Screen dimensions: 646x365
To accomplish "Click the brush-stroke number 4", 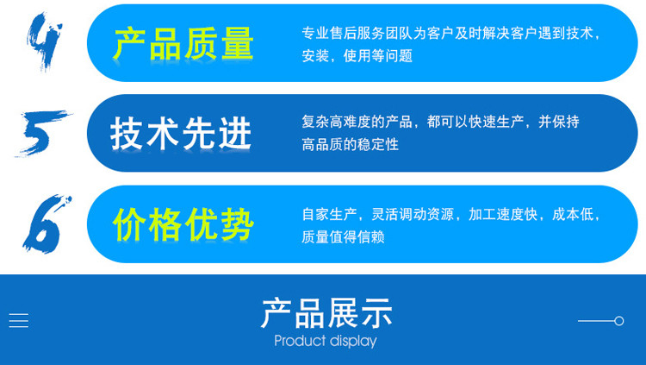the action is click(44, 41).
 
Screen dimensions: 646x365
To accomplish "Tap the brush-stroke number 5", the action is click(43, 133).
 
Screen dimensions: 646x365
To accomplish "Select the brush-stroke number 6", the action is click(47, 223).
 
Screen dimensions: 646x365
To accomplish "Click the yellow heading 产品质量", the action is click(183, 44).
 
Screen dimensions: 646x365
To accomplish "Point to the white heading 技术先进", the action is click(181, 133).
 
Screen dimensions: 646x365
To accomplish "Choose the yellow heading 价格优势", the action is click(183, 224).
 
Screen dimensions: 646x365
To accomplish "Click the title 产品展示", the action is click(326, 313).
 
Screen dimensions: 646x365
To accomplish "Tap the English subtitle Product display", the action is click(326, 342).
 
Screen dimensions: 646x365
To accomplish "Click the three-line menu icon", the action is click(19, 320).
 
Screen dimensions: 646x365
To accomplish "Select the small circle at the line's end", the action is click(618, 321).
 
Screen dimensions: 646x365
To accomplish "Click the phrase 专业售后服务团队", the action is click(357, 33).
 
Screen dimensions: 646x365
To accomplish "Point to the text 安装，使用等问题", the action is click(357, 56).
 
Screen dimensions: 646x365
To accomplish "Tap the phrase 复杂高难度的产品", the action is click(357, 122).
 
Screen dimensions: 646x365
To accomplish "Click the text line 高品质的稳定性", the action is click(351, 144).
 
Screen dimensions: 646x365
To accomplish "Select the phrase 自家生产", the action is click(329, 214).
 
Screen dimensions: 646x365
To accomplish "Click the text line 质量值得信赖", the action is click(343, 237).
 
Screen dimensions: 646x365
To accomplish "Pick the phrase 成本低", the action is click(573, 214).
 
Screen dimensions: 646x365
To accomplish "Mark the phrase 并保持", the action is click(559, 122).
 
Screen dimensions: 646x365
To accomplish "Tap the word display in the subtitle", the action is click(353, 342).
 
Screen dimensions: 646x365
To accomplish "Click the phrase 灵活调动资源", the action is click(413, 214).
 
